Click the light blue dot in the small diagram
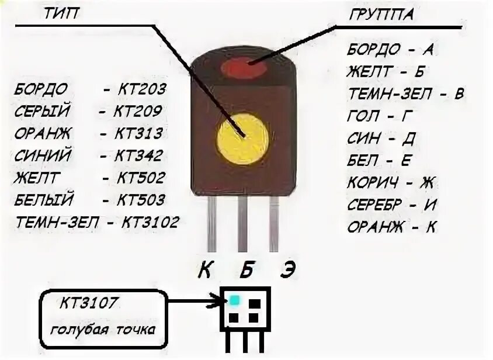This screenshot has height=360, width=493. pyautogui.click(x=234, y=300)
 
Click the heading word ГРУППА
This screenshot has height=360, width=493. pyautogui.click(x=381, y=15)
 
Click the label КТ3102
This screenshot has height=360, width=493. pyautogui.click(x=150, y=222)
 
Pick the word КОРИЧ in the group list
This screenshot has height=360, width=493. pyautogui.click(x=372, y=182)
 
